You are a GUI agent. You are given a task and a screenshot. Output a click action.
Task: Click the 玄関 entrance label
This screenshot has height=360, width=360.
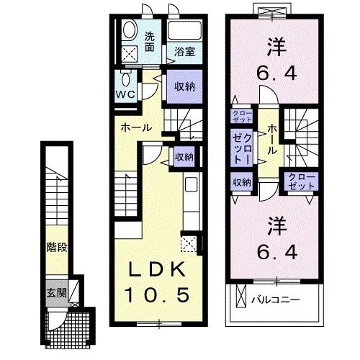tap(56, 293)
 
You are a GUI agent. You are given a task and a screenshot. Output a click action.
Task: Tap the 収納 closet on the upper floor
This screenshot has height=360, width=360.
tap(240, 183)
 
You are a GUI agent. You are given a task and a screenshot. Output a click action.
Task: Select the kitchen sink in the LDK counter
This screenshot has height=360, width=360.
tap(191, 185)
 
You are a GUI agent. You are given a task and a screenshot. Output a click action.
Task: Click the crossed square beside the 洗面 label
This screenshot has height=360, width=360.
tap(130, 53)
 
